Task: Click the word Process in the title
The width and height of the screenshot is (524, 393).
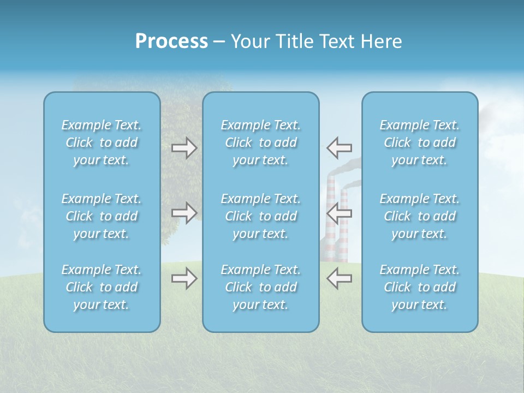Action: (x=171, y=41)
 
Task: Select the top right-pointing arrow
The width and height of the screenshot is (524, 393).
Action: (x=184, y=148)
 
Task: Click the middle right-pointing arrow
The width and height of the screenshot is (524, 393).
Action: (x=184, y=213)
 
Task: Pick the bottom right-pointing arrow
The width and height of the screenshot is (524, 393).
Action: (x=184, y=279)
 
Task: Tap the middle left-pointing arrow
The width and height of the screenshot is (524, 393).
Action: (x=340, y=213)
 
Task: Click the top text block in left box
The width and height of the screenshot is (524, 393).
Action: (x=102, y=142)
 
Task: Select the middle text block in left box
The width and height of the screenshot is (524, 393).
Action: (x=102, y=216)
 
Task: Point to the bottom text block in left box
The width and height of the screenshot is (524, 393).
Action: (x=102, y=287)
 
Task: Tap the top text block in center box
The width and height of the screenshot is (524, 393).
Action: (x=261, y=142)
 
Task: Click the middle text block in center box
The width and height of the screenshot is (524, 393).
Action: (x=261, y=216)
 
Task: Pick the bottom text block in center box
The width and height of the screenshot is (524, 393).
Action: (x=261, y=287)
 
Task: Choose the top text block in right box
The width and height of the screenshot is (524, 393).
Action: (x=420, y=142)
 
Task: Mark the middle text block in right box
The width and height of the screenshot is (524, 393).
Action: (x=420, y=216)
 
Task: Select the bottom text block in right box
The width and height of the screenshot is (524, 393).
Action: (x=420, y=287)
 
